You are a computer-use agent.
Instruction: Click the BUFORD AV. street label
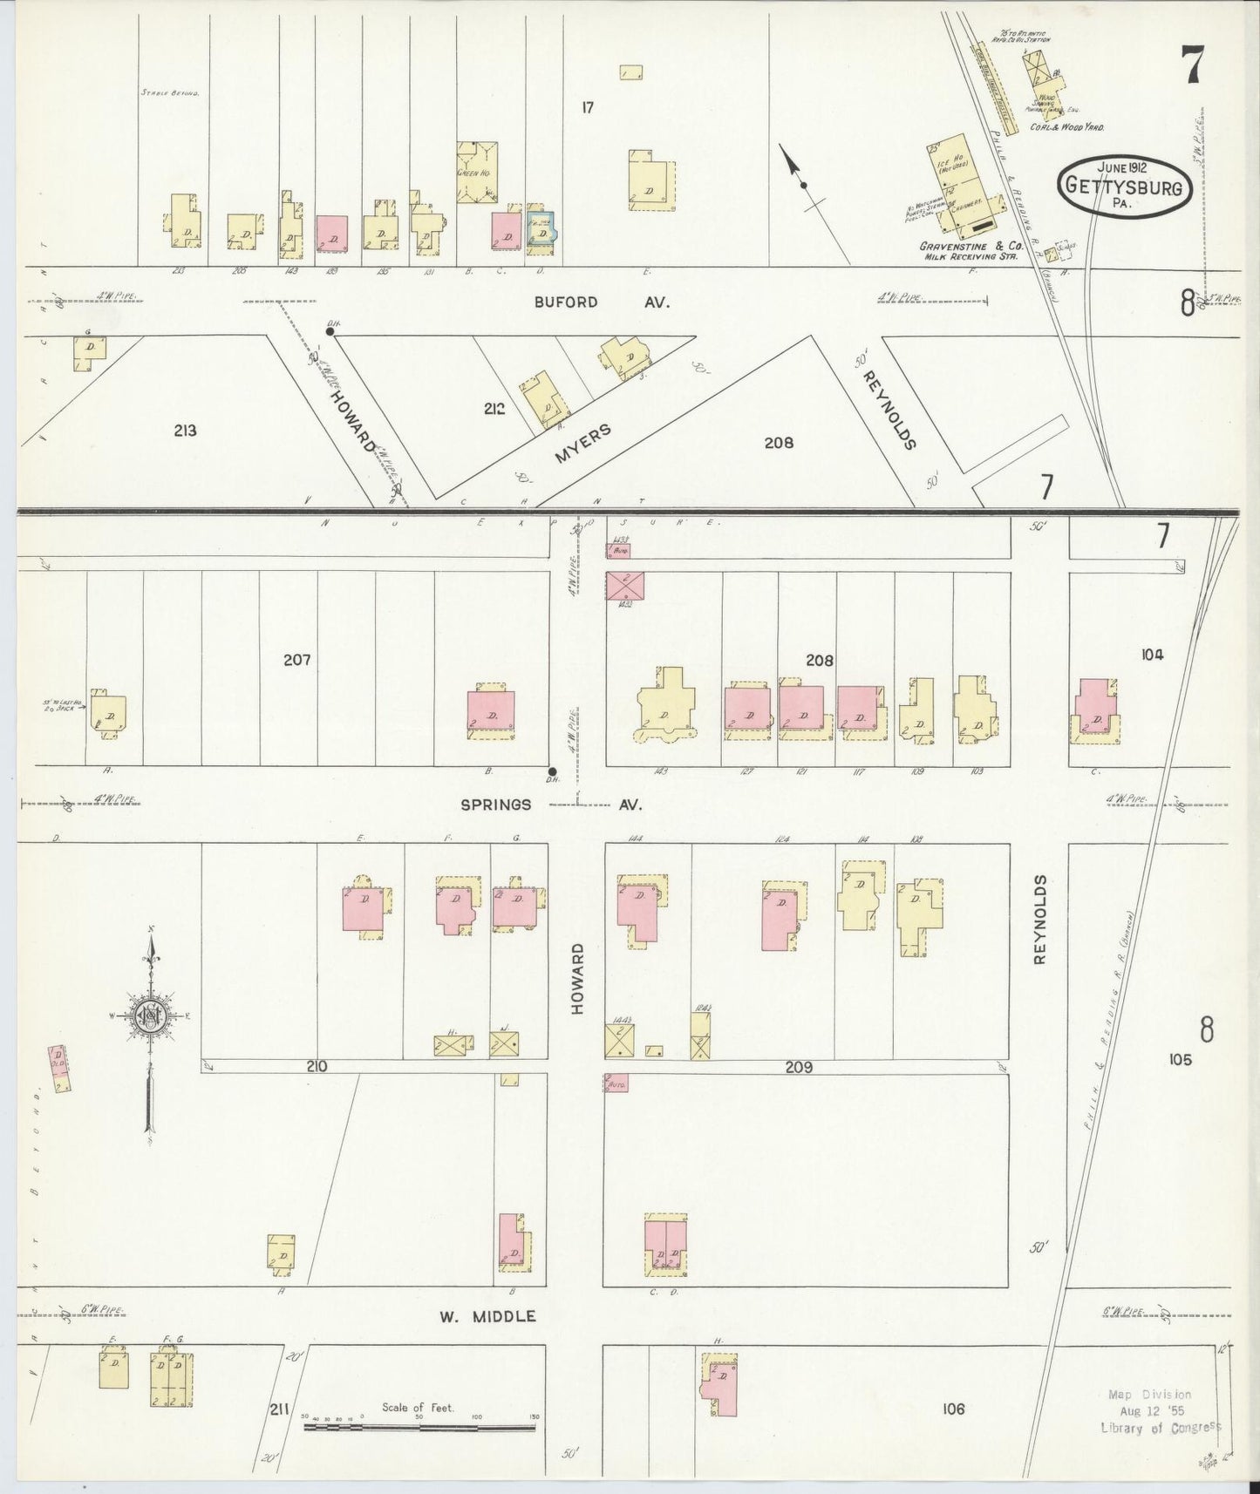pos(602,302)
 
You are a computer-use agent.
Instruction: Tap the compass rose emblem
pos(151,1015)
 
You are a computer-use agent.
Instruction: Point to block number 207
pos(296,660)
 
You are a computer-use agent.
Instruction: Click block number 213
pos(185,430)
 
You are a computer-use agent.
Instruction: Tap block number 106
pos(953,1408)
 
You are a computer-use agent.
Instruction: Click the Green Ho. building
pos(477,173)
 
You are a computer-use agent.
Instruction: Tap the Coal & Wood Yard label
pos(1066,127)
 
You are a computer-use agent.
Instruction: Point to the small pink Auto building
pos(616,1083)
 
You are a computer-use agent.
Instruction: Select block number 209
pos(798,1066)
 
